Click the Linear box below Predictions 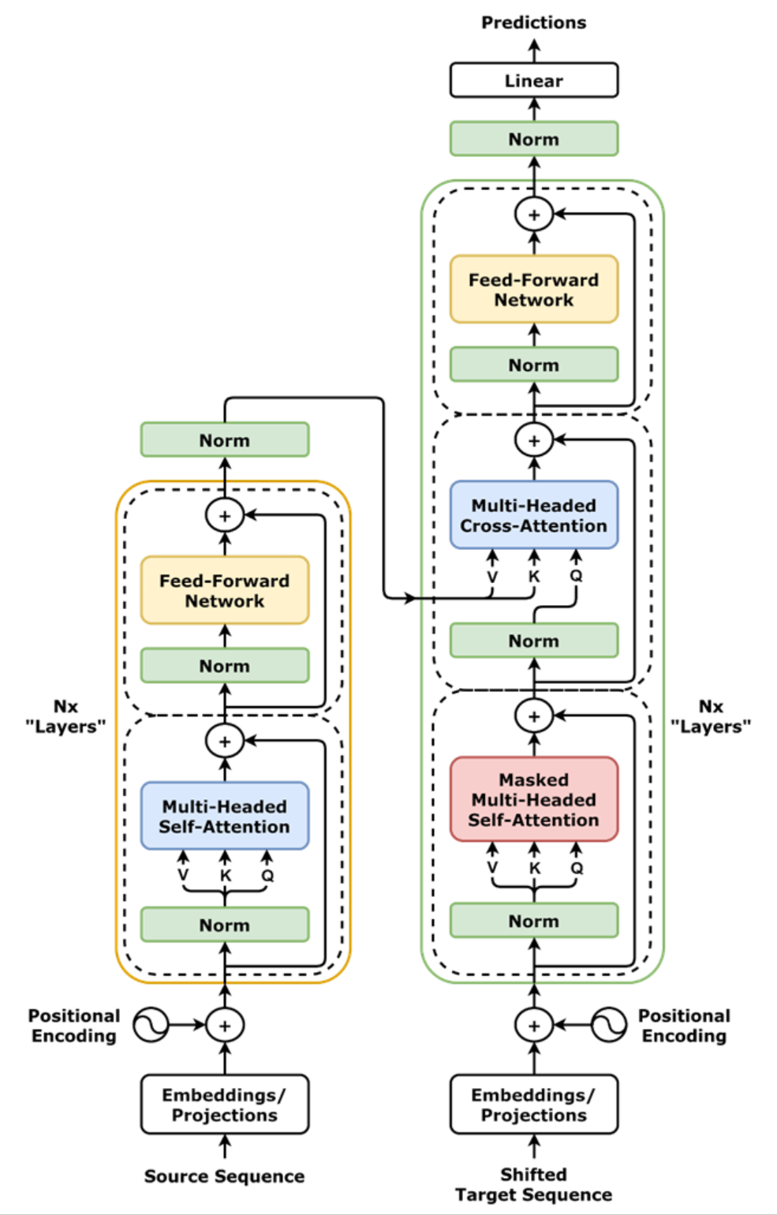(x=534, y=80)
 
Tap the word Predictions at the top (x=534, y=22)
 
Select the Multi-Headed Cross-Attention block (x=534, y=515)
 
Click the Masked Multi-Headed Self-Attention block (x=534, y=799)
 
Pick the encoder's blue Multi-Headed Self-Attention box (x=225, y=816)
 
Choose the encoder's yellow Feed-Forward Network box (x=225, y=590)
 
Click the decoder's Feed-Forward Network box (x=534, y=290)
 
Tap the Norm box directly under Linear (x=534, y=139)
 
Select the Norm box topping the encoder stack (x=225, y=440)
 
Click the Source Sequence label (x=225, y=1176)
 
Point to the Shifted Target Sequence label (x=534, y=1184)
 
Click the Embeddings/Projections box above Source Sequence (x=225, y=1105)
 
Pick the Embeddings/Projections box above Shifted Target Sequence (x=534, y=1105)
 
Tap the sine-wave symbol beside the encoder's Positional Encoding (x=151, y=1025)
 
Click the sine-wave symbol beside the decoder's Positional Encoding (x=609, y=1025)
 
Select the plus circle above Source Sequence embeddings (x=225, y=1025)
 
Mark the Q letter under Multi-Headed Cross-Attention (x=577, y=576)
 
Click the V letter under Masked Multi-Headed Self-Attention (x=492, y=869)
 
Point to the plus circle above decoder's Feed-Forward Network (x=534, y=214)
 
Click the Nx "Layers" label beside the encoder (x=66, y=716)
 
